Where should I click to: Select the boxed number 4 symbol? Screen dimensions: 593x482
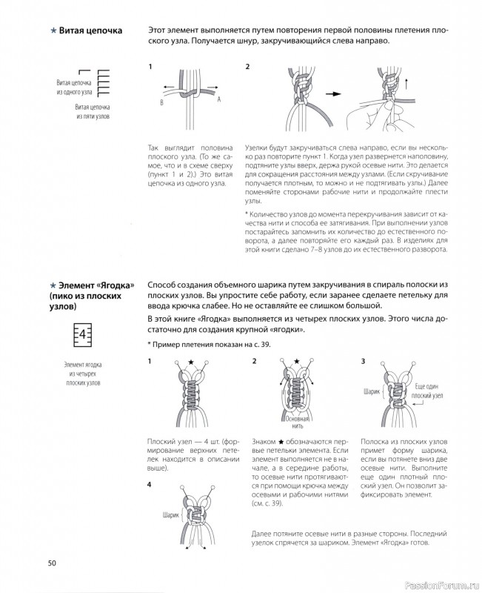tap(83, 334)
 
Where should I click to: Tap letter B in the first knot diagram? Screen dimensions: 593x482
tap(161, 103)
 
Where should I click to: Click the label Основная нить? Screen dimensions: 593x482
tap(292, 425)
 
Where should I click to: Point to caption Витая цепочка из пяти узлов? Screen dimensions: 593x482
tap(93, 112)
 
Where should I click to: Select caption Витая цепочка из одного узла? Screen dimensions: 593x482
tap(74, 88)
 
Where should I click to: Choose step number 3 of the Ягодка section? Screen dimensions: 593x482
tap(363, 362)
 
